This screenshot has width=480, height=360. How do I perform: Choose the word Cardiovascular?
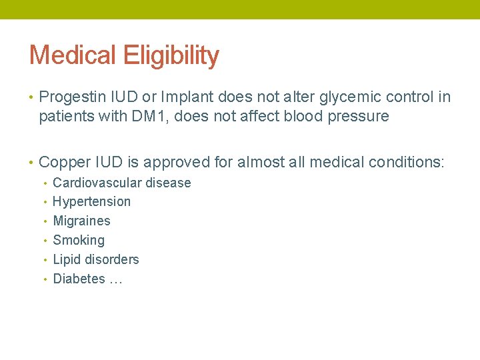coord(97,183)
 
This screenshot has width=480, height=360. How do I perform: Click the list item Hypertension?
coord(91,201)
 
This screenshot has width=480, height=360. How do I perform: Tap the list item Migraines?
coord(81,221)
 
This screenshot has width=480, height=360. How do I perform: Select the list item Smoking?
coord(79,240)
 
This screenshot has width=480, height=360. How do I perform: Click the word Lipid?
coord(65,259)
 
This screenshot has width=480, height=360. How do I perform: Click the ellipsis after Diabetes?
coord(115,280)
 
